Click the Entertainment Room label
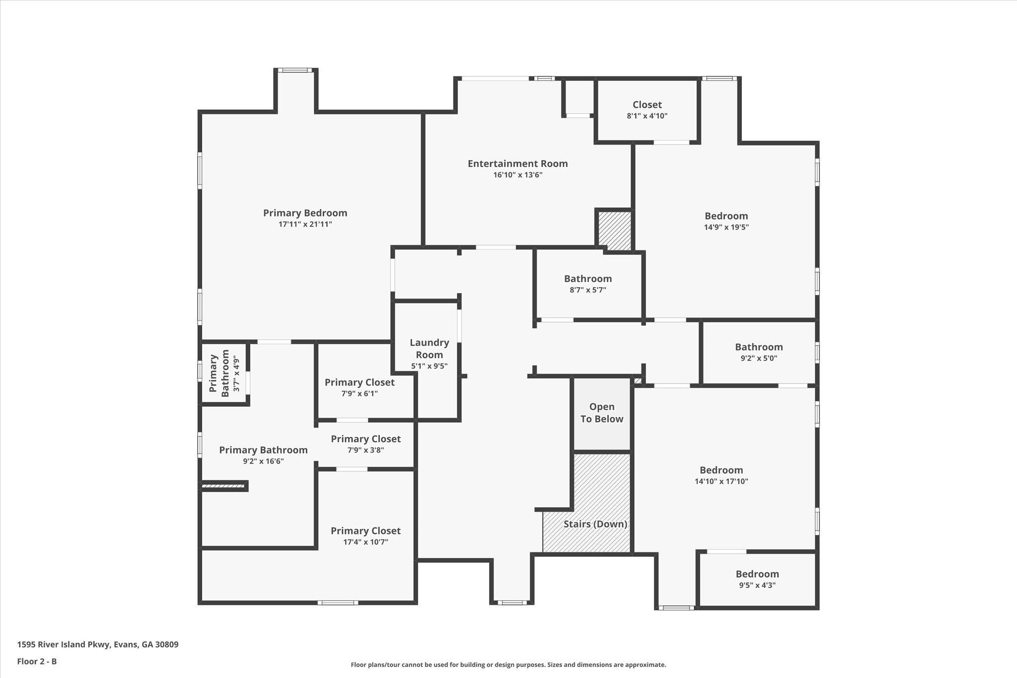(517, 163)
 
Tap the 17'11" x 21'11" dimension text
(305, 225)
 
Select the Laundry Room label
(429, 348)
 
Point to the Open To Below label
(602, 413)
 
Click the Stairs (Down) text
(595, 524)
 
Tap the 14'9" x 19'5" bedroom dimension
(726, 227)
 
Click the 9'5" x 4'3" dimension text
(757, 585)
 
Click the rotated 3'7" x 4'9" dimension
(236, 374)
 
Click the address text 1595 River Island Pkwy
(98, 645)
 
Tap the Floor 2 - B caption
(37, 661)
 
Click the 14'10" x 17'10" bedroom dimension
(721, 481)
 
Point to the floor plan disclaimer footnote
(508, 665)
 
